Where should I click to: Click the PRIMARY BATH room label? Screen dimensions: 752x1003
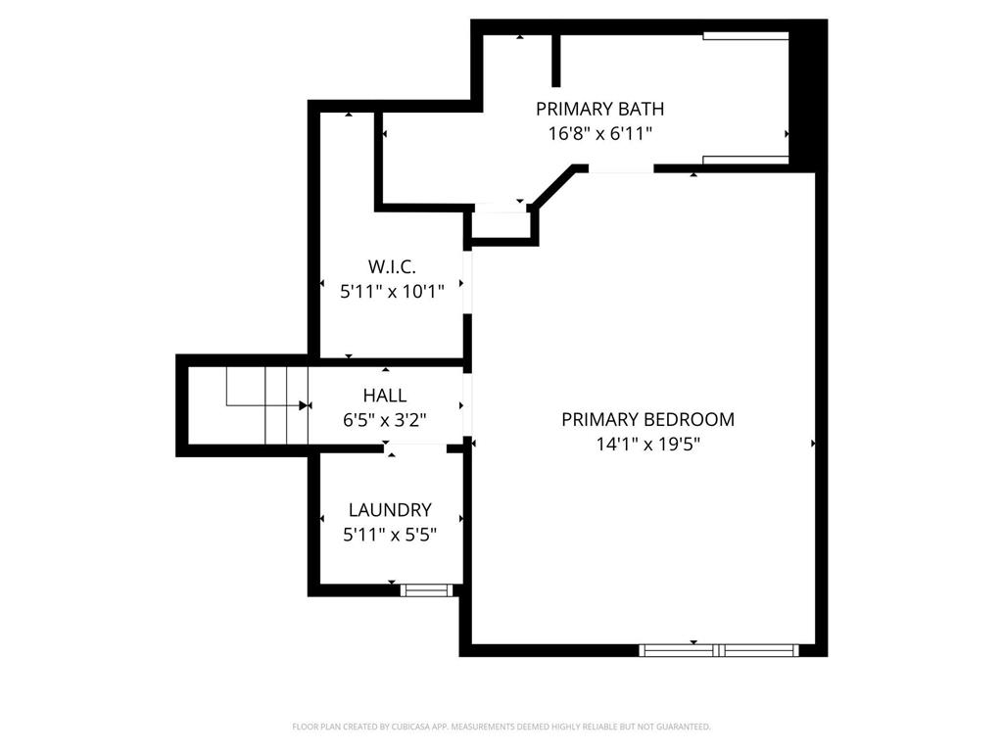pyautogui.click(x=605, y=109)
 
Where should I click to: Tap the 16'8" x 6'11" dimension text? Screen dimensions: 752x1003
pyautogui.click(x=599, y=134)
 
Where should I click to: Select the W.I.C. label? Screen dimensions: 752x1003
pyautogui.click(x=392, y=265)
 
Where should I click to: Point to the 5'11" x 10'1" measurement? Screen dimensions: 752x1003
pyautogui.click(x=392, y=290)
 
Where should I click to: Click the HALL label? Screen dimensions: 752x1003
pyautogui.click(x=384, y=396)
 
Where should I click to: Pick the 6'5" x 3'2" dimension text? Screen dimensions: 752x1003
pyautogui.click(x=384, y=419)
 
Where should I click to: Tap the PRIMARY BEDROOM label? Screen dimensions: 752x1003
pyautogui.click(x=647, y=419)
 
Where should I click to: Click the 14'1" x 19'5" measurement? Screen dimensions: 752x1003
pyautogui.click(x=647, y=444)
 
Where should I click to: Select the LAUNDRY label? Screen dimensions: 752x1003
pyautogui.click(x=390, y=509)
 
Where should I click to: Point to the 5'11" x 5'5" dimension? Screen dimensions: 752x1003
pyautogui.click(x=390, y=535)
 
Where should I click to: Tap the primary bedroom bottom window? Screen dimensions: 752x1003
pyautogui.click(x=719, y=649)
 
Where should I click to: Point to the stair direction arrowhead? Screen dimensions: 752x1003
pyautogui.click(x=304, y=404)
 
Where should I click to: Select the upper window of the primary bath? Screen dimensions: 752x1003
pyautogui.click(x=745, y=36)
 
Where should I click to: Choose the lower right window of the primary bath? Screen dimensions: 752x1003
pyautogui.click(x=745, y=160)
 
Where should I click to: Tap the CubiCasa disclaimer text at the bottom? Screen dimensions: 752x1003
pyautogui.click(x=501, y=727)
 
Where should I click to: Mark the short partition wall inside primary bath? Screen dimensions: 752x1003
pyautogui.click(x=556, y=62)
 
